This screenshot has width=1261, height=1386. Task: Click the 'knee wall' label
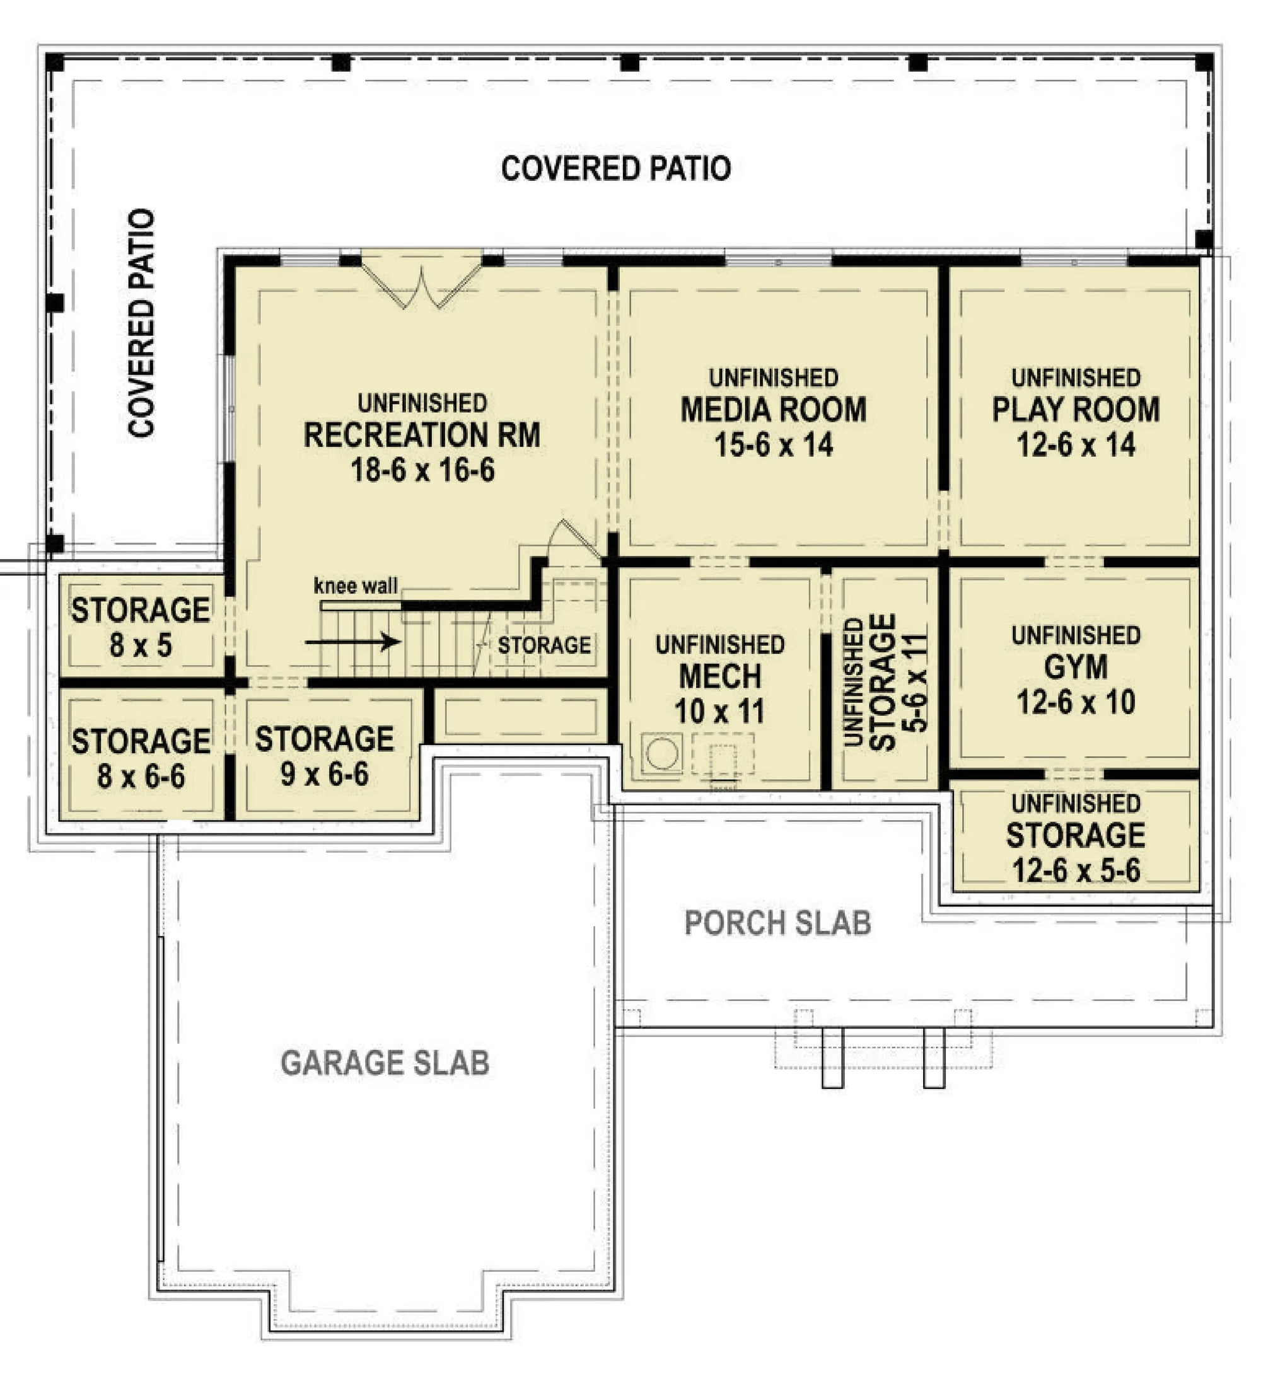click(x=355, y=586)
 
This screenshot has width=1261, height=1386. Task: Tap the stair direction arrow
click(x=352, y=642)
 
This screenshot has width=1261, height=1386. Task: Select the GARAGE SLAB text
click(x=385, y=1062)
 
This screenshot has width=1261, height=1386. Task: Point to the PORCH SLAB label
click(x=777, y=923)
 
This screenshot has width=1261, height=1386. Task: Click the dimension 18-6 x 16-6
click(x=422, y=470)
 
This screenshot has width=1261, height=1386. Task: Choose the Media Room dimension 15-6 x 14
click(x=774, y=445)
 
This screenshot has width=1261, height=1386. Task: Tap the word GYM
click(x=1076, y=667)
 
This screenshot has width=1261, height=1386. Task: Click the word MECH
click(x=720, y=676)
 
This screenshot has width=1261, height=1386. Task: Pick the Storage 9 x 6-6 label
click(x=325, y=756)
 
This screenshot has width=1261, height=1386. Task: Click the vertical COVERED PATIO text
click(x=142, y=323)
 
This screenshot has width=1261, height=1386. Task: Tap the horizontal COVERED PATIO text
click(x=615, y=168)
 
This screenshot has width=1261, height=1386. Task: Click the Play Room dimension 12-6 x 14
click(x=1076, y=445)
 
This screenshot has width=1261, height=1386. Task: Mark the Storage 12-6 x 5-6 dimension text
click(x=1076, y=871)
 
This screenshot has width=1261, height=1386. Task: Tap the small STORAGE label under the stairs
click(x=544, y=645)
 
